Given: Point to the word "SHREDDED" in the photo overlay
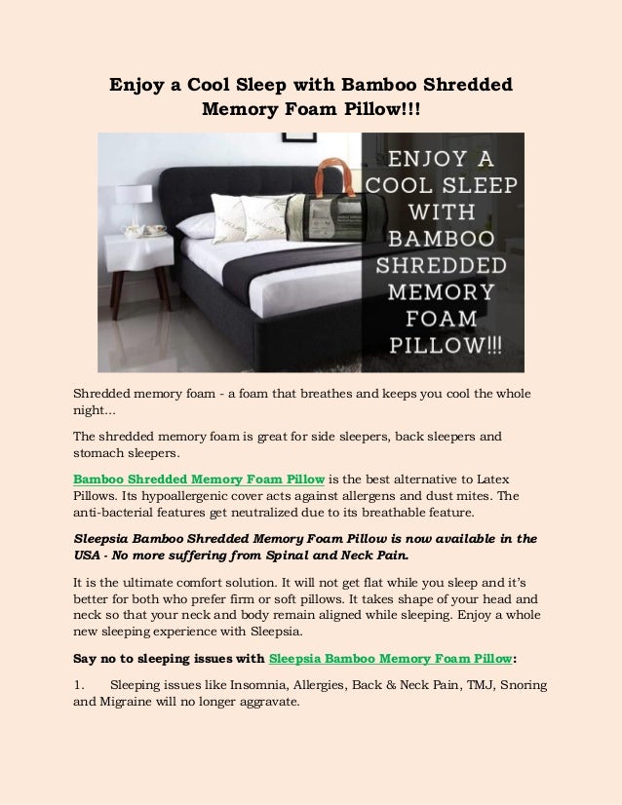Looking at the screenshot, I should click(447, 265).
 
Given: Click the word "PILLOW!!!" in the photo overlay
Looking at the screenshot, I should click(447, 346).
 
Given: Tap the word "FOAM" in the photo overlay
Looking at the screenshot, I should click(447, 320).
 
